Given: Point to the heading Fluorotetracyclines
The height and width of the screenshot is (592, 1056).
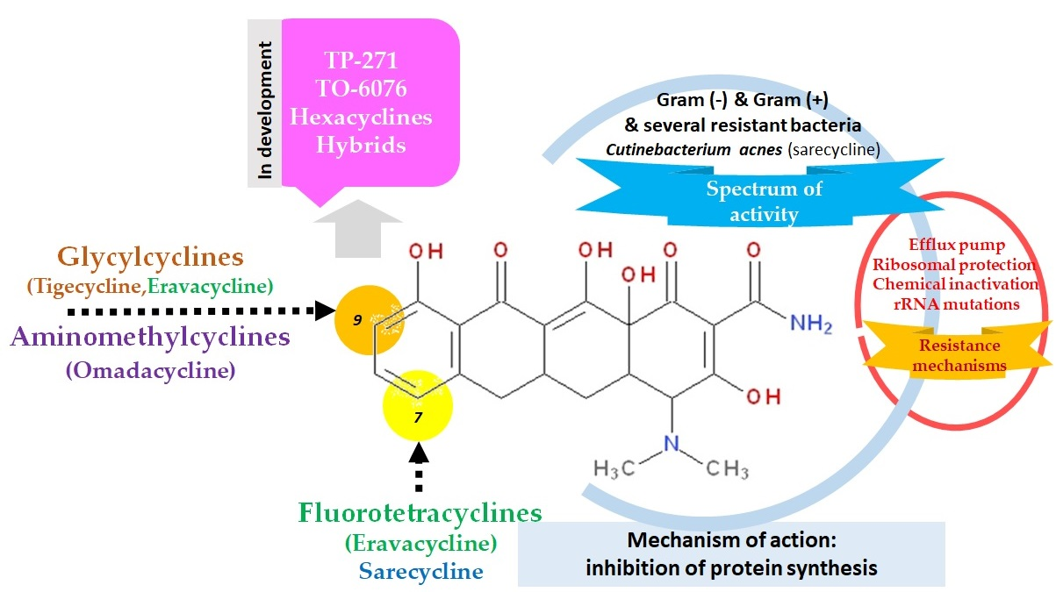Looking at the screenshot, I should tap(420, 512).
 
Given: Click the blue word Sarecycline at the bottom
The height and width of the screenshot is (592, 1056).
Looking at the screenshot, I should tap(420, 571).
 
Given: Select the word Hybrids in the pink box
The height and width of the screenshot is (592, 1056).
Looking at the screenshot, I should tap(363, 145).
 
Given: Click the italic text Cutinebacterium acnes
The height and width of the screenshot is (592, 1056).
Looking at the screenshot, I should tap(696, 150).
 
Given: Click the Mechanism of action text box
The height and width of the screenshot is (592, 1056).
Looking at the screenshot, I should tap(731, 554).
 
